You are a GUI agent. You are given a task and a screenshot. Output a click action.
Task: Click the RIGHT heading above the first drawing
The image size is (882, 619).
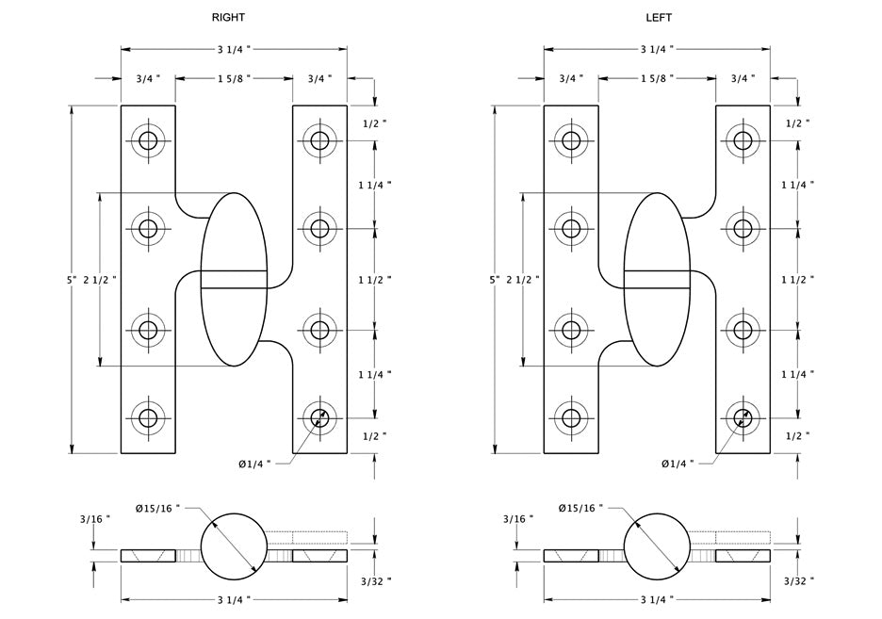pyautogui.click(x=229, y=18)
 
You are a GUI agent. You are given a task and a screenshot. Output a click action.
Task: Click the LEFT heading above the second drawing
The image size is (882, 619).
pyautogui.click(x=659, y=18)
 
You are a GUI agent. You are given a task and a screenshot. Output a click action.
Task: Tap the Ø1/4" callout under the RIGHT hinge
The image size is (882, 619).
pyautogui.click(x=254, y=464)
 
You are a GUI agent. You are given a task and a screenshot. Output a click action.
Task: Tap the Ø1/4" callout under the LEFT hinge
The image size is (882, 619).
pyautogui.click(x=677, y=464)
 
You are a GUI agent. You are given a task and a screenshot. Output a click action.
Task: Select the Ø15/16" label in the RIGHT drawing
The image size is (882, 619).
pyautogui.click(x=157, y=509)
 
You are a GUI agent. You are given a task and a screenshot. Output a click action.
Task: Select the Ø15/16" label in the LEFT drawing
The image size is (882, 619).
pyautogui.click(x=580, y=509)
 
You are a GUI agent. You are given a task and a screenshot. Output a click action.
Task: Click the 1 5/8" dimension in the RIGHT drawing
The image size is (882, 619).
pyautogui.click(x=235, y=79)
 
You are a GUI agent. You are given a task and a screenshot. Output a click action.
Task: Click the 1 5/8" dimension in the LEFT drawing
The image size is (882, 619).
pyautogui.click(x=657, y=79)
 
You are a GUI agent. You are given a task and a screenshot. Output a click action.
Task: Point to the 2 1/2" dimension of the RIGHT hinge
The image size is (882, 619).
pyautogui.click(x=101, y=280)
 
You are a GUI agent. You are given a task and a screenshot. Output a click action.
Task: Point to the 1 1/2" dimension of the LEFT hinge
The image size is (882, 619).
pyautogui.click(x=797, y=280)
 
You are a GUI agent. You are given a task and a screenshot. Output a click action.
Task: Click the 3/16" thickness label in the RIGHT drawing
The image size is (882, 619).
pyautogui.click(x=95, y=519)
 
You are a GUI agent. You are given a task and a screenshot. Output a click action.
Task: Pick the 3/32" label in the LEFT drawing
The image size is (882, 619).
pyautogui.click(x=797, y=582)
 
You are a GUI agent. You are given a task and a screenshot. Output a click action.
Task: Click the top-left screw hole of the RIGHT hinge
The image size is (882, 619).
pyautogui.click(x=148, y=142)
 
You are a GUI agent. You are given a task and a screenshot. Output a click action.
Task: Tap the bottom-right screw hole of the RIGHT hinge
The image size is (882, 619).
pyautogui.click(x=320, y=417)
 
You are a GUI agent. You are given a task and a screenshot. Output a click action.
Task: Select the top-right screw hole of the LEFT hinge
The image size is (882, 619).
pyautogui.click(x=743, y=142)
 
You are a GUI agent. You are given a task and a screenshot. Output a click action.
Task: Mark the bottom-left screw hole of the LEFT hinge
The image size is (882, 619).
pyautogui.click(x=571, y=417)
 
